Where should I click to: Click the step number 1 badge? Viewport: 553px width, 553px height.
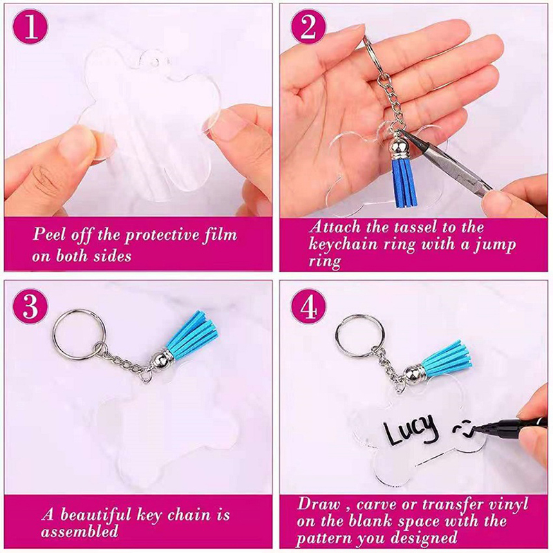tap(30, 27)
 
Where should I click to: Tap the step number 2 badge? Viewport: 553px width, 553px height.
tap(308, 27)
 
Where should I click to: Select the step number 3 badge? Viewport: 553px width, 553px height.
tap(30, 306)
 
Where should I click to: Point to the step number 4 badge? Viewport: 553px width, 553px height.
tap(308, 306)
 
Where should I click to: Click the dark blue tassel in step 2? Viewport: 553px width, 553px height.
tap(404, 182)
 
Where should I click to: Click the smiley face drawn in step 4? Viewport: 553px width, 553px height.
tap(462, 429)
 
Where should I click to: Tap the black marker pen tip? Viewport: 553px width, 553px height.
tap(476, 429)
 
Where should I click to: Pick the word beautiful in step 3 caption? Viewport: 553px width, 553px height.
tap(96, 514)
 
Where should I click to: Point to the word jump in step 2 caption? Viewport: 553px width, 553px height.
tap(495, 245)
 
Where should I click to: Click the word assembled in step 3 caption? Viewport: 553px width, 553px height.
tap(79, 531)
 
